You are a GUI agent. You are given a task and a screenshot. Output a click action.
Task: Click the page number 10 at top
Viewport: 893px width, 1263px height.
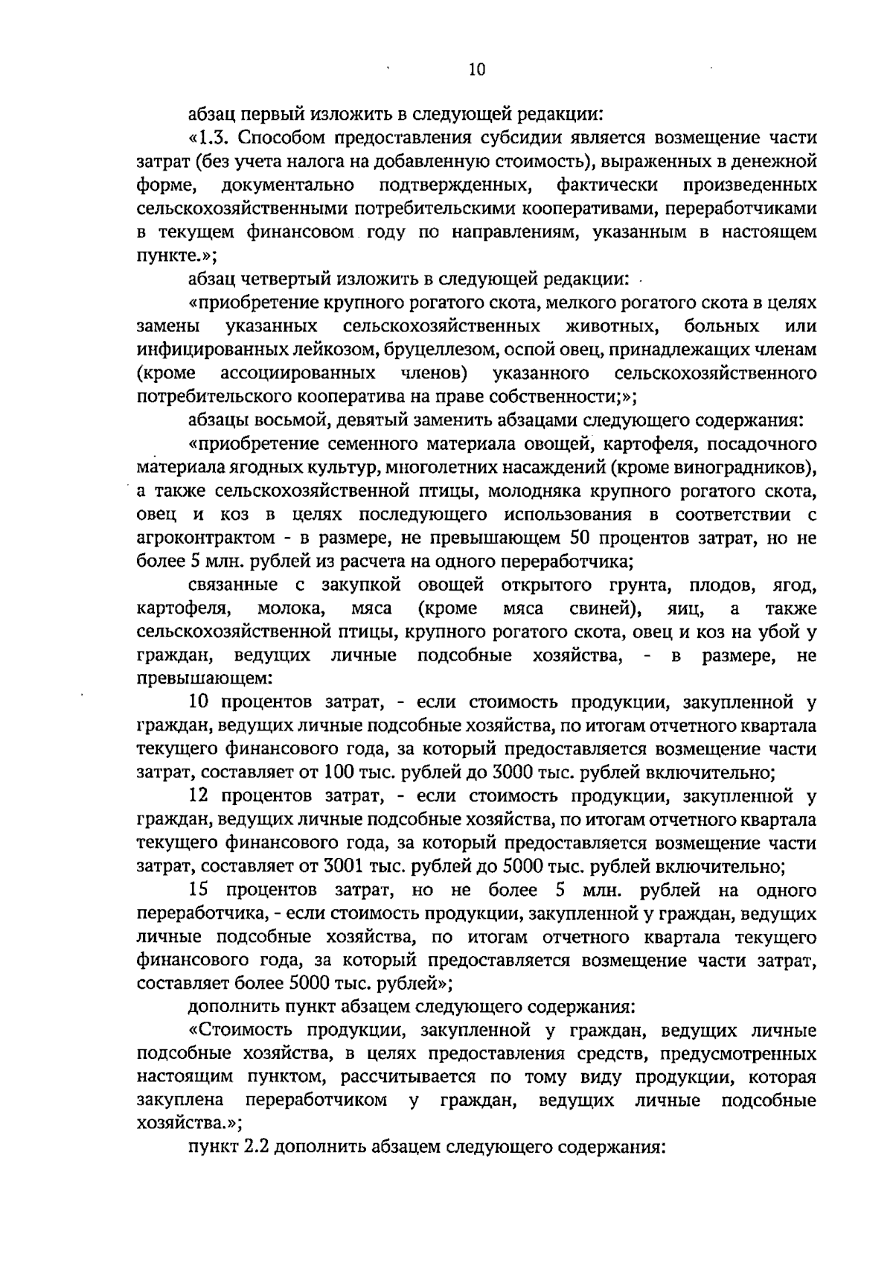pyautogui.click(x=477, y=69)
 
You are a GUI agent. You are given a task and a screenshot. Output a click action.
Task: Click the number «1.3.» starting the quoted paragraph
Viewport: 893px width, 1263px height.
pyautogui.click(x=214, y=138)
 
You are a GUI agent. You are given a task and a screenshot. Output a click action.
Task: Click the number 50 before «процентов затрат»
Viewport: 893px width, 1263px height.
pyautogui.click(x=578, y=538)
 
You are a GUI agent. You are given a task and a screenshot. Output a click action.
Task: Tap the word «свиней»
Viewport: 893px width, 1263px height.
pyautogui.click(x=604, y=608)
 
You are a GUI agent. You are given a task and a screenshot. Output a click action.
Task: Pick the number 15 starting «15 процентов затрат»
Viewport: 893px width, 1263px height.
pyautogui.click(x=199, y=890)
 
